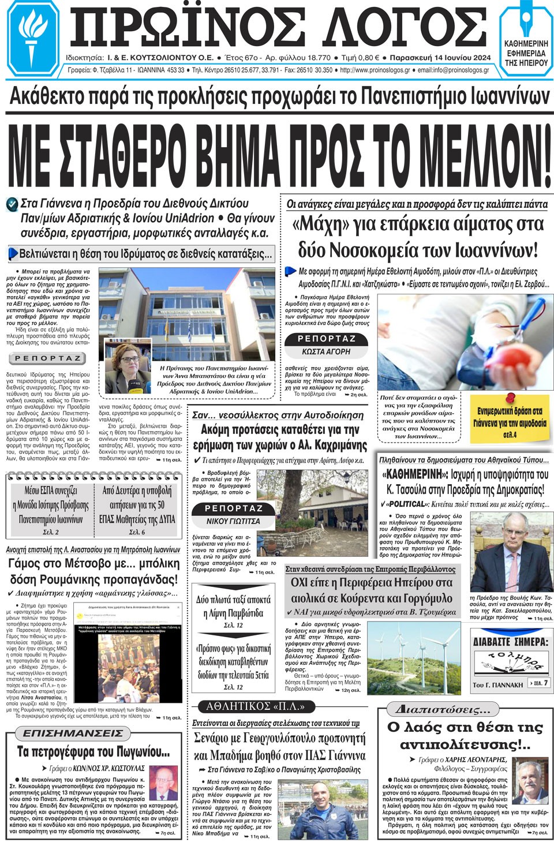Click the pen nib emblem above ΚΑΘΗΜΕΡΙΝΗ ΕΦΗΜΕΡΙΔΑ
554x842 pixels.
[525, 23]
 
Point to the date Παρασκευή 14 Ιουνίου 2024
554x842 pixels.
[440, 58]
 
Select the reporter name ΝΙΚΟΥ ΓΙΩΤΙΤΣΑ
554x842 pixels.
[233, 521]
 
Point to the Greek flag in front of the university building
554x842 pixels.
[189, 333]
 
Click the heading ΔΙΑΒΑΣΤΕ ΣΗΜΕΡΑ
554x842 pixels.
[510, 642]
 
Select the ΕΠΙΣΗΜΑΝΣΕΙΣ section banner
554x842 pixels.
[73, 733]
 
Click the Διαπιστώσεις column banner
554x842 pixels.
[443, 709]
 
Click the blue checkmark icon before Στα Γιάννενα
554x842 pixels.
[12, 204]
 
